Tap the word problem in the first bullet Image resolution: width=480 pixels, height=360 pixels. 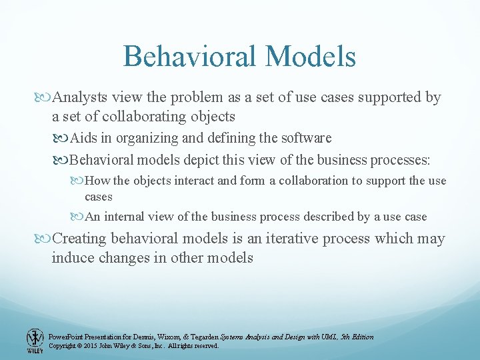(x=195, y=98)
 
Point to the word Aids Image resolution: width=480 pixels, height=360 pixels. (x=83, y=139)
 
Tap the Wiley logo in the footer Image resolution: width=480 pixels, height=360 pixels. (x=34, y=341)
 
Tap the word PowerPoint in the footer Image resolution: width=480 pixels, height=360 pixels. (x=65, y=337)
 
